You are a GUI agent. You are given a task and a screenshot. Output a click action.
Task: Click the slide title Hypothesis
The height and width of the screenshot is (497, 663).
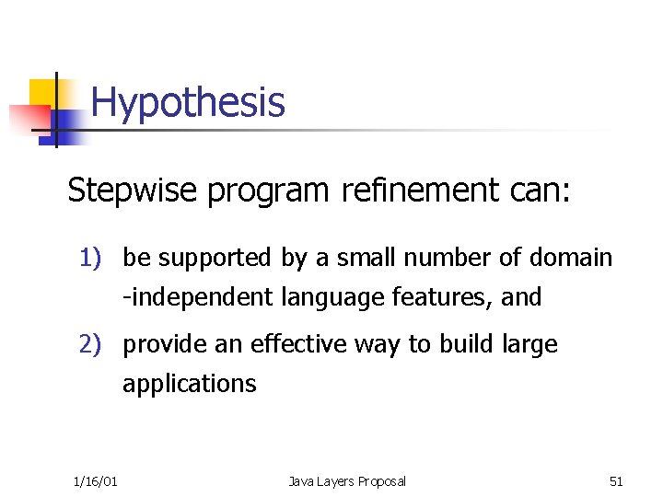188,102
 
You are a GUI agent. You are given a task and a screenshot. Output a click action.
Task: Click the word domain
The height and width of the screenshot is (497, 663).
571,258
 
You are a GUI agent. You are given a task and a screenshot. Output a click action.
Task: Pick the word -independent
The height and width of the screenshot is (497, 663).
194,298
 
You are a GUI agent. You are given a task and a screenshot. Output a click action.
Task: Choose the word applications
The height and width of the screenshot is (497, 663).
190,384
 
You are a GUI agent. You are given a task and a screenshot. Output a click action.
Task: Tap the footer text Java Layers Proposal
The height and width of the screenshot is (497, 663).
346,481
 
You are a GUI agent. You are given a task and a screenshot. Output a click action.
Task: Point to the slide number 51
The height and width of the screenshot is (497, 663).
616,481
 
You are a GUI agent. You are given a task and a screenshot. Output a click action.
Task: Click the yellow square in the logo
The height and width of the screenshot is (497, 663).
41,92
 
